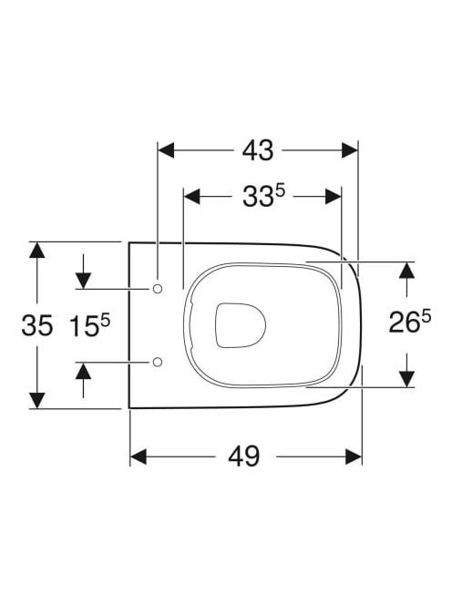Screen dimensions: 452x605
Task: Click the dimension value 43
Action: [x=258, y=150]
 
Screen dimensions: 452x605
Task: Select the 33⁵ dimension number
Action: [x=263, y=196]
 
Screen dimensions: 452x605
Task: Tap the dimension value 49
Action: [x=243, y=456]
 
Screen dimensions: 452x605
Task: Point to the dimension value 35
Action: [x=37, y=325]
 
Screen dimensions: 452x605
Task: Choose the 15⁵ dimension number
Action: [x=90, y=324]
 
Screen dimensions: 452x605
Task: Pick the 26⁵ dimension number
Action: [x=409, y=322]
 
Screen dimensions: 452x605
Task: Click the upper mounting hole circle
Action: [x=158, y=289]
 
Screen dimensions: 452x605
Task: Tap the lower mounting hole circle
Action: [x=158, y=362]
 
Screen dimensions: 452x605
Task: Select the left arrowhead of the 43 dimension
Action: [x=167, y=150]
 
